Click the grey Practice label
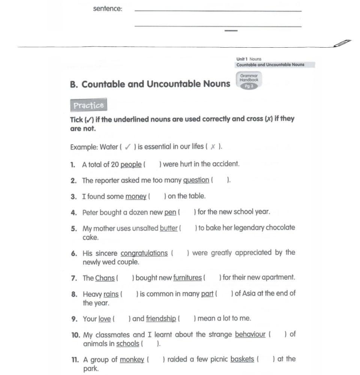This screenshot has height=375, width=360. pos(89,105)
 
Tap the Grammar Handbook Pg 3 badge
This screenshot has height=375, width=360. pos(249,81)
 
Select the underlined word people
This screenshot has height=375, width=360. pos(131,164)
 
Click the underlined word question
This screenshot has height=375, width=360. pos(196,180)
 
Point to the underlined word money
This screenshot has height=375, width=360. pos(136,196)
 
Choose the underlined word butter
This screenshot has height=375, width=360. pos(169,228)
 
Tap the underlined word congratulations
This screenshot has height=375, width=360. pos(144,253)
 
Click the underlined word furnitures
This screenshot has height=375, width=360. pos(187,278)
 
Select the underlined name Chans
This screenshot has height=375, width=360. pos(105,278)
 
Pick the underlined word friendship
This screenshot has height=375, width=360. pos(161,318)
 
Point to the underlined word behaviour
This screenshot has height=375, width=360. pos(250,334)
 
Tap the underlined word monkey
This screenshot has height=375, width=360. pos(132,360)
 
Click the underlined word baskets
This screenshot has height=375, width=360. pos(242,359)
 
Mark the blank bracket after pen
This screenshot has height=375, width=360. pos(187,212)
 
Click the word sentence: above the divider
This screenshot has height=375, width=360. pos(107,9)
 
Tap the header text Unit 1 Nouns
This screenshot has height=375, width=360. pos(249,59)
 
